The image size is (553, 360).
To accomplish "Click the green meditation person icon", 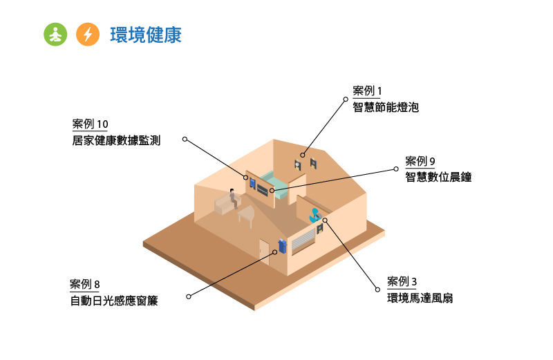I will coord(55,35).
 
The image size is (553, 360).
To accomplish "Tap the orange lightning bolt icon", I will coord(86,35).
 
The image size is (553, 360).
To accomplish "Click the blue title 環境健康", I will coord(146,35).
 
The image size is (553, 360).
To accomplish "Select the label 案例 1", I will coord(367,91).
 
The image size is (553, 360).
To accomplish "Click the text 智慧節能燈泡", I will coord(386,107).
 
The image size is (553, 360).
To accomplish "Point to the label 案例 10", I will coord(91,124).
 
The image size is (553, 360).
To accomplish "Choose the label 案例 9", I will coord(420,161).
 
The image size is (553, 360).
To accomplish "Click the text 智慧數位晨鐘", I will coord(438,177).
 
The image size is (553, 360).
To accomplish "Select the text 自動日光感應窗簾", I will coord(114,301).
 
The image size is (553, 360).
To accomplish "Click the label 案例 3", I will coord(402,281).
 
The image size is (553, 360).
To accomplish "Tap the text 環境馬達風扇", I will coord(420,298).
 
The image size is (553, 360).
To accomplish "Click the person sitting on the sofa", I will coord(233,198).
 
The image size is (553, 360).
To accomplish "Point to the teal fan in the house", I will coord(315,215).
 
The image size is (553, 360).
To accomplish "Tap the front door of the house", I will coord(264,252).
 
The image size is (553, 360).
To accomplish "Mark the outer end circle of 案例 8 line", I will coord(189,296).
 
